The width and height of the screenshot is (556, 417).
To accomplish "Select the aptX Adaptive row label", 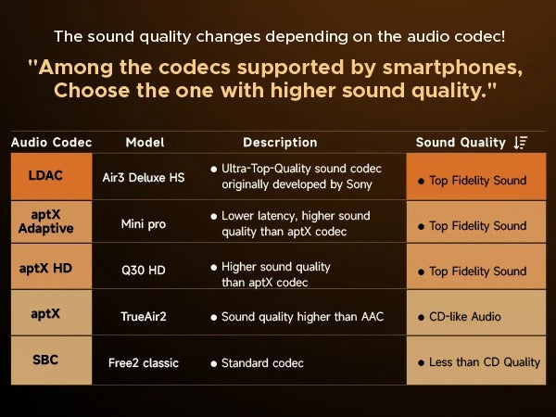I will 45,221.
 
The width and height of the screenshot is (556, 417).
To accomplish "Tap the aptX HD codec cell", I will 45,269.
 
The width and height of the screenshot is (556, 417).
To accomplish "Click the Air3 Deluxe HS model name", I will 144,177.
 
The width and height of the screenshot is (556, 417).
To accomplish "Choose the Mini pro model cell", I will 144,224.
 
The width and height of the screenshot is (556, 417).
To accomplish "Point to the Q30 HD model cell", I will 144,271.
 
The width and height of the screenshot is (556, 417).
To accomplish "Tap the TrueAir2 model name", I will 144,316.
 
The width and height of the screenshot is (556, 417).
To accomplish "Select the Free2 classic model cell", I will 144,362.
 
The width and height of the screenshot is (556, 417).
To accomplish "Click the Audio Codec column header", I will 51,143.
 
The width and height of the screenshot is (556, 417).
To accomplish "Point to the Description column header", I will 280,143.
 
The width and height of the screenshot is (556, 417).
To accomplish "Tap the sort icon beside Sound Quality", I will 521,143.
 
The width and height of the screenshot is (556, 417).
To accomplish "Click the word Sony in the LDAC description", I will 355,184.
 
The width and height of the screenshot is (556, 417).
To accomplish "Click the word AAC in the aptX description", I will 370,316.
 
